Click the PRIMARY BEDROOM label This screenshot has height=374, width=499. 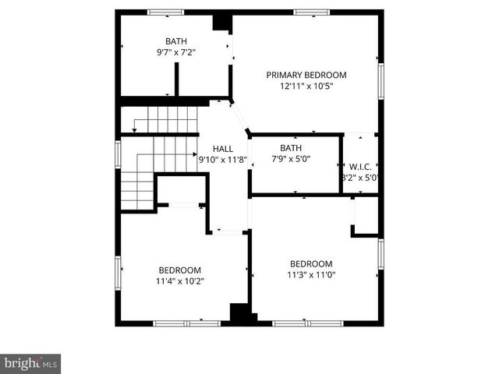pyautogui.click(x=306, y=76)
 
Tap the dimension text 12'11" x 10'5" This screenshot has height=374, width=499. pyautogui.click(x=306, y=87)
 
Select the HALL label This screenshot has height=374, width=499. pyautogui.click(x=222, y=147)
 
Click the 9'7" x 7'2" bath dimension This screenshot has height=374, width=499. pyautogui.click(x=175, y=53)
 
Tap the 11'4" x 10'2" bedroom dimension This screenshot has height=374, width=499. pyautogui.click(x=180, y=281)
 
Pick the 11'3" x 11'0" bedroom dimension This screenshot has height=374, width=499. pyautogui.click(x=310, y=274)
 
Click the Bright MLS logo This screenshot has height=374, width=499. pyautogui.click(x=30, y=363)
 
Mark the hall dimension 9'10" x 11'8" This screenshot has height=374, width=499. pyautogui.click(x=222, y=160)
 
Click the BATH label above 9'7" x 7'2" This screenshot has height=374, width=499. pyautogui.click(x=175, y=41)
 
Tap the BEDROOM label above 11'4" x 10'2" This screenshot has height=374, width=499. pyautogui.click(x=180, y=270)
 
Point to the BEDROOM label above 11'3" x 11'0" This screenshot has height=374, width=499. pyautogui.click(x=310, y=263)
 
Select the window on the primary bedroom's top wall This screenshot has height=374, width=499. pyautogui.click(x=312, y=12)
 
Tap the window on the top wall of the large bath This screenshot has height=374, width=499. pyautogui.click(x=165, y=12)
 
